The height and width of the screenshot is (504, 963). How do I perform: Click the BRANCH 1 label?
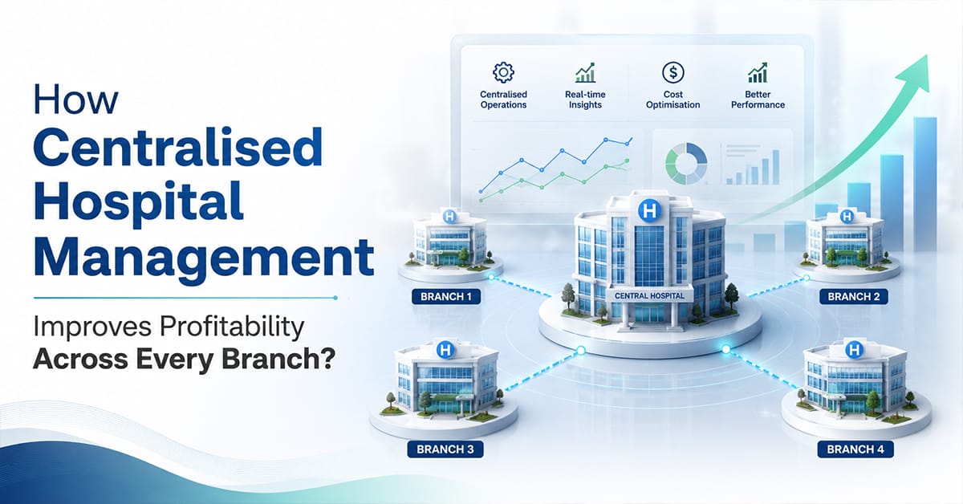446,297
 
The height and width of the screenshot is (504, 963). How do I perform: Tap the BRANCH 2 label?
853,297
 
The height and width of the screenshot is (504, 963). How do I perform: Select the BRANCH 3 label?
445,449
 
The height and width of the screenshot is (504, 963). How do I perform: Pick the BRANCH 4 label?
855,449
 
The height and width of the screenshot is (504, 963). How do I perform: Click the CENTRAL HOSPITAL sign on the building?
649,296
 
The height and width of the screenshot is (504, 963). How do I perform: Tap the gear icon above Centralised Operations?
503,72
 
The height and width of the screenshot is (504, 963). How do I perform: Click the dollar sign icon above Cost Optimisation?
672,72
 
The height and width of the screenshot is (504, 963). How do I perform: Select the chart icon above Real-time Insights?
586,72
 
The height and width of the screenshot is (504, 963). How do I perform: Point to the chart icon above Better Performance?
758,72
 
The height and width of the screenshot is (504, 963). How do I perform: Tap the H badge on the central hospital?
649,211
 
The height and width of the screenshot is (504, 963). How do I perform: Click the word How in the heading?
75,100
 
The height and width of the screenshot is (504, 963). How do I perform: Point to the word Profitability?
232,327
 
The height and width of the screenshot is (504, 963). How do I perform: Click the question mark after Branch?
327,359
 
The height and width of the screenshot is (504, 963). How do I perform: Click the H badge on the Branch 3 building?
445,350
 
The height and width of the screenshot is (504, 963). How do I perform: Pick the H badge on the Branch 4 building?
854,350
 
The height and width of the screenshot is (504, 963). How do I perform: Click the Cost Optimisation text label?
672,100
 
